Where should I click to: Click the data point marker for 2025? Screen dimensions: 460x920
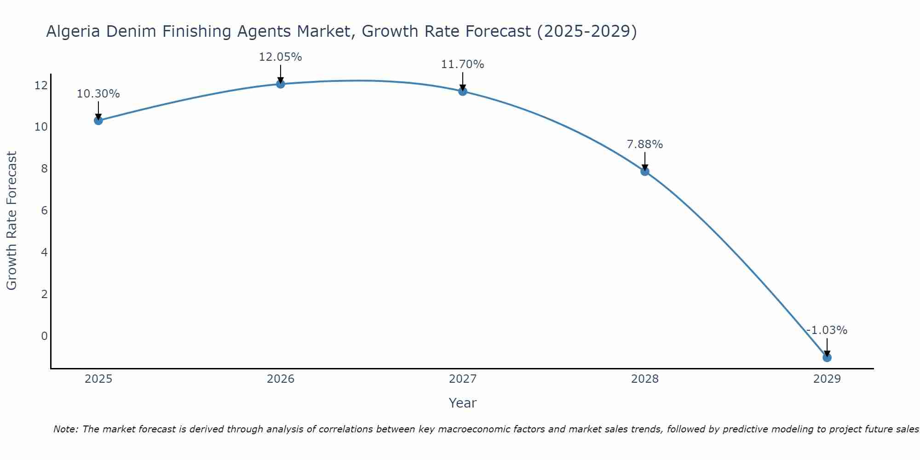click(98, 121)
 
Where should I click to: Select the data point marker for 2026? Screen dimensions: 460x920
click(281, 84)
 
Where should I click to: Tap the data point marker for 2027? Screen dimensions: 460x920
click(463, 91)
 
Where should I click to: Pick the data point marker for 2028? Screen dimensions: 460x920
click(645, 171)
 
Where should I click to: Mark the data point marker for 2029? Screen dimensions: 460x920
click(827, 357)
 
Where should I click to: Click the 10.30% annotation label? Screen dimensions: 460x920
click(98, 94)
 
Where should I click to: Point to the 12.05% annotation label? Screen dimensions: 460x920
click(281, 57)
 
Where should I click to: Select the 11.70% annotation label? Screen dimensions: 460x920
click(463, 64)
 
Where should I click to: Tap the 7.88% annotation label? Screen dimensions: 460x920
click(645, 144)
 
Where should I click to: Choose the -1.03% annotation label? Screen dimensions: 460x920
click(827, 330)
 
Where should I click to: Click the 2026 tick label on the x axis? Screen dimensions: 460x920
click(281, 379)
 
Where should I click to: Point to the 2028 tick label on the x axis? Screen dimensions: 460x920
click(645, 379)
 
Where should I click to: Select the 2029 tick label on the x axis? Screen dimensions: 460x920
click(827, 379)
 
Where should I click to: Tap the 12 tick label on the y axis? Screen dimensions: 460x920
click(41, 85)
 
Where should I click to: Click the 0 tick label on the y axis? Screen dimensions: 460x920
click(44, 336)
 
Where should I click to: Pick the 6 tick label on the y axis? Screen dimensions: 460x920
click(44, 211)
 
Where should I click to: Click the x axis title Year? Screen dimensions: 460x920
click(463, 403)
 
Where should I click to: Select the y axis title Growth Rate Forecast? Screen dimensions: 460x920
click(11, 221)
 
